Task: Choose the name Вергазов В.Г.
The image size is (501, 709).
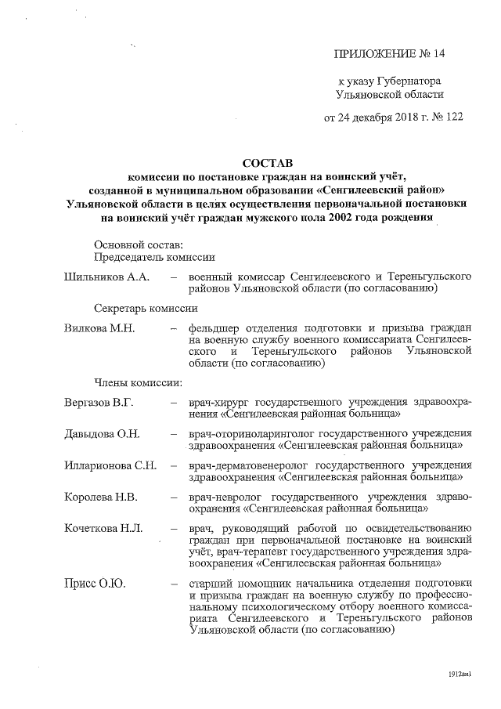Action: (99, 403)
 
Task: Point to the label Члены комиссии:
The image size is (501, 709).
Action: (138, 383)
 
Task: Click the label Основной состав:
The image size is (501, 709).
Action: (138, 245)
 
